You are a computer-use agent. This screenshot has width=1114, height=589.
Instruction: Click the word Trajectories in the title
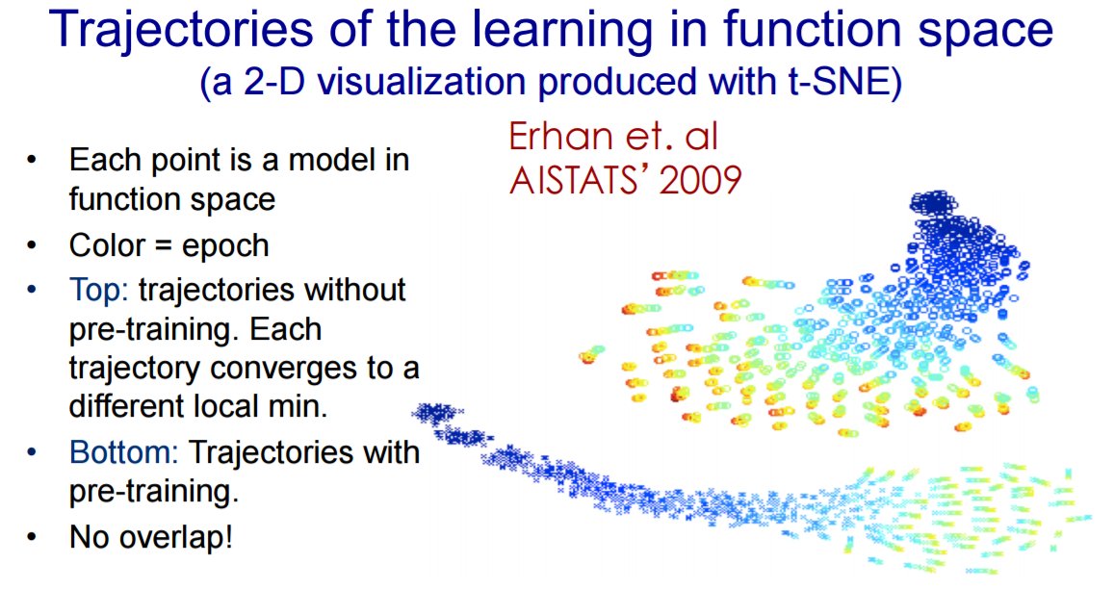tap(182, 31)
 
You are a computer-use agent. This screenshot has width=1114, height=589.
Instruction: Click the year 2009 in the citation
tap(701, 181)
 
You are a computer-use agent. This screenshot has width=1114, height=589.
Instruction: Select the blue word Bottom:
tap(123, 452)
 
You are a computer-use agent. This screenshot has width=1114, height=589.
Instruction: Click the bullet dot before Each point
tap(31, 160)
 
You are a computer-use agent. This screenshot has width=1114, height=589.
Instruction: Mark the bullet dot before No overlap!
tap(31, 537)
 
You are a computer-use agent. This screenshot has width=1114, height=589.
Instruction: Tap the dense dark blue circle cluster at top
tap(933, 205)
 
